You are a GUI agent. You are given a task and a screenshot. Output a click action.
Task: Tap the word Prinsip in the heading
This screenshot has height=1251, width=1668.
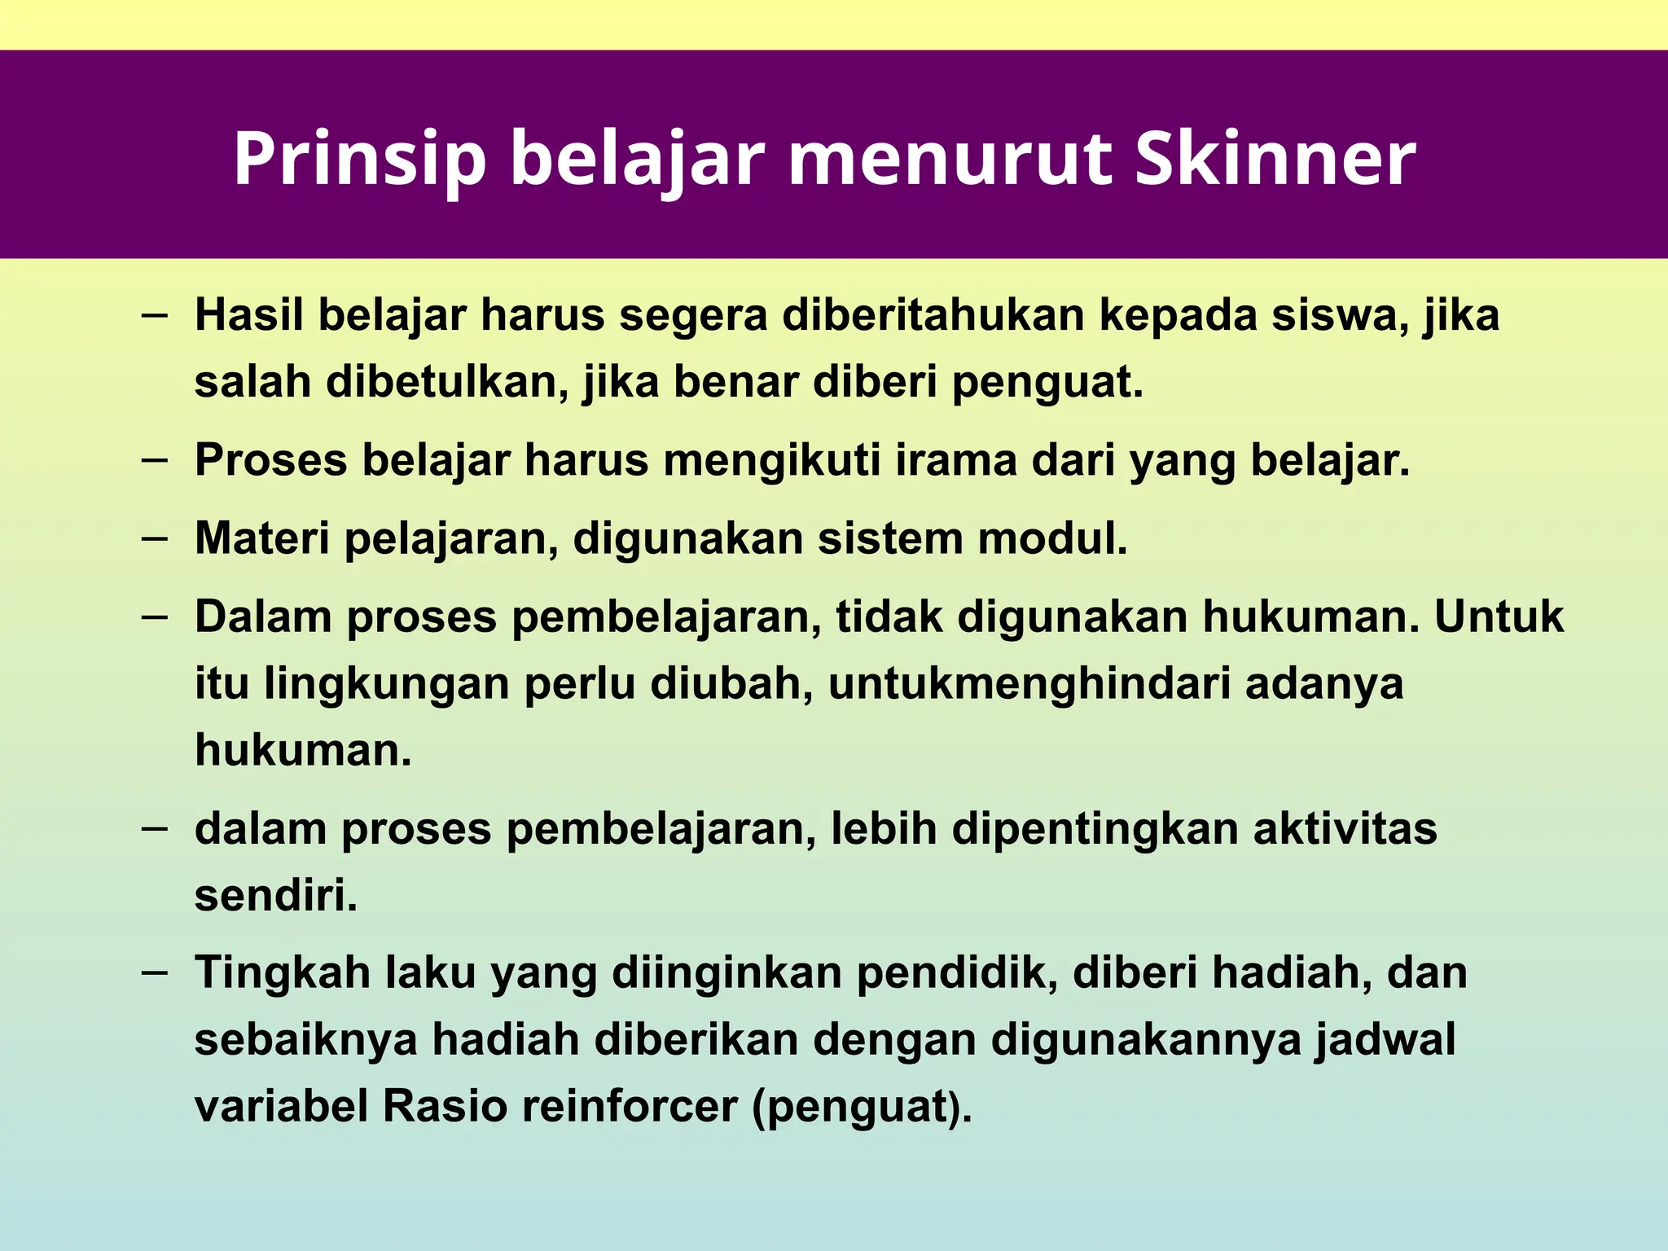coord(359,160)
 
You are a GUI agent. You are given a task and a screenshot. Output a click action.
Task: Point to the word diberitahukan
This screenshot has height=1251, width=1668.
coord(933,315)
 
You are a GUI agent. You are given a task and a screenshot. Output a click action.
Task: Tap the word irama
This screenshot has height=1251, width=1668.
coord(956,460)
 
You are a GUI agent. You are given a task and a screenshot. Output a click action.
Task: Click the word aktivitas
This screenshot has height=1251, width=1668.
coord(1345,829)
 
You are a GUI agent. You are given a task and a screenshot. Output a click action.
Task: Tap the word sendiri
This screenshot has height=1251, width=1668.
coord(276,896)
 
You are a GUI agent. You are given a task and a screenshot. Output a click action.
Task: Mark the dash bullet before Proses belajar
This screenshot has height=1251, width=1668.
coord(154,459)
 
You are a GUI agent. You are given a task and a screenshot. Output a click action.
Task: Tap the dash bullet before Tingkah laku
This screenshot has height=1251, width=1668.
coord(154,972)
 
